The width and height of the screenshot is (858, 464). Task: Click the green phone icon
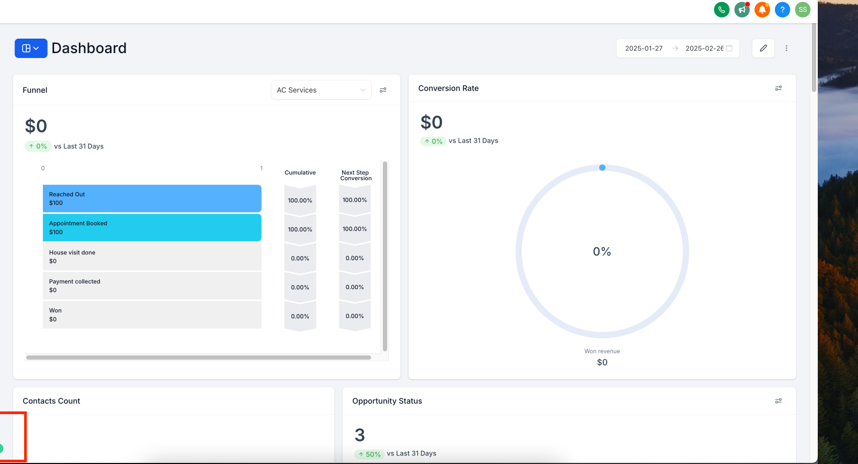click(722, 10)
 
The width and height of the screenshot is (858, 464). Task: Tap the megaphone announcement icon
click(742, 10)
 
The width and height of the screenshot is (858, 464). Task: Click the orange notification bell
click(762, 10)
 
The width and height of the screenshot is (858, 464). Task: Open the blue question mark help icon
click(782, 10)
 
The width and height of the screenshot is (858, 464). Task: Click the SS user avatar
click(802, 10)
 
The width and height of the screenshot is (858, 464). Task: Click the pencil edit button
click(764, 48)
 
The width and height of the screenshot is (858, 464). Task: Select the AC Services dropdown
click(321, 90)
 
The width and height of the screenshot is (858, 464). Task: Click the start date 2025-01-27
click(644, 48)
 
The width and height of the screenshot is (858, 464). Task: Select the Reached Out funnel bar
click(152, 198)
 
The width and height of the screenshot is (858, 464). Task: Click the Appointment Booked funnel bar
click(152, 227)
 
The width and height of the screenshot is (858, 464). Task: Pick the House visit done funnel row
click(152, 257)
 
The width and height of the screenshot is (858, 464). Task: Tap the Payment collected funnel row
click(152, 286)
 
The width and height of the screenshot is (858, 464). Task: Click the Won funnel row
click(152, 314)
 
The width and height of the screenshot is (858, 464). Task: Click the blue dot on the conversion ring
click(602, 167)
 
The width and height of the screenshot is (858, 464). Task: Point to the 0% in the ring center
click(602, 252)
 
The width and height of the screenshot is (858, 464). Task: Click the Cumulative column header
click(300, 172)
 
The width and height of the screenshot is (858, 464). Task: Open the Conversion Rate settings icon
click(778, 88)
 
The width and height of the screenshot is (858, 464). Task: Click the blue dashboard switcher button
click(31, 48)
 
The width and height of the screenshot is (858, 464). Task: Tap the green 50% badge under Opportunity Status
click(369, 454)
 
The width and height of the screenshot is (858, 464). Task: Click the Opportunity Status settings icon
click(778, 401)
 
